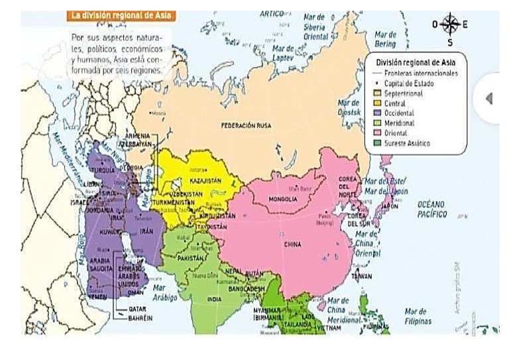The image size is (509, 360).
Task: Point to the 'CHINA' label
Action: [292, 244]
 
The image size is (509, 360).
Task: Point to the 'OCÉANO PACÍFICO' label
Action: [432, 210]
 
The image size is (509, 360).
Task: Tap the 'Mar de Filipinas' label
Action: [418, 316]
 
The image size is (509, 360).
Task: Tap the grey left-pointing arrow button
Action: [489, 98]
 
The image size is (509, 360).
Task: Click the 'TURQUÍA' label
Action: [103, 170]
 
